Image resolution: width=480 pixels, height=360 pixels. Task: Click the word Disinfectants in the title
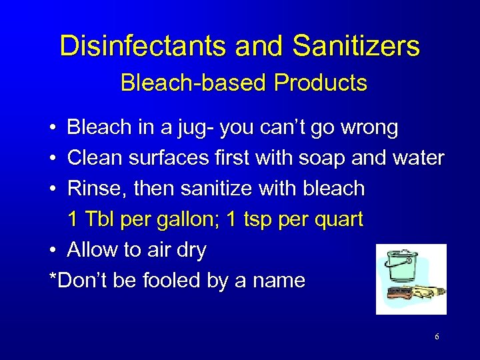click(x=138, y=46)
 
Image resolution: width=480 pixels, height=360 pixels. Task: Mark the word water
click(x=417, y=158)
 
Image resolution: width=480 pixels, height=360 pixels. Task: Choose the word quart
click(x=337, y=220)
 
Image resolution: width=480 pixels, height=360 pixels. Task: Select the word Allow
click(x=93, y=250)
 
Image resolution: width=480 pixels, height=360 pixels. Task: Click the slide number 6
click(x=437, y=337)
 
